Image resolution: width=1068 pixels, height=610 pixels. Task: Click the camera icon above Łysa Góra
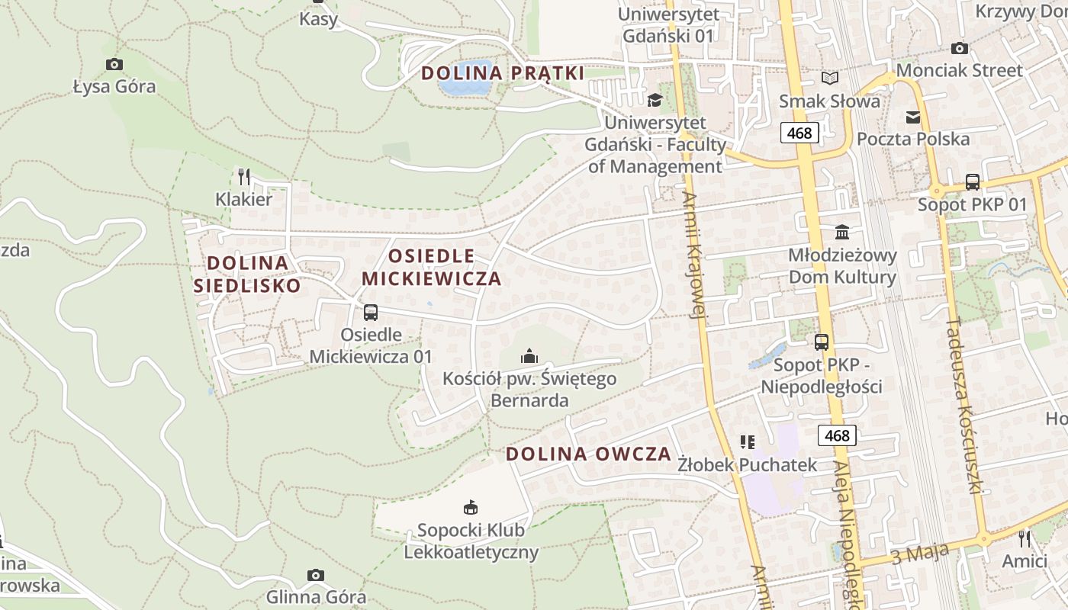click(114, 65)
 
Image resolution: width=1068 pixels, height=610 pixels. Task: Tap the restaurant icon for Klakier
click(244, 177)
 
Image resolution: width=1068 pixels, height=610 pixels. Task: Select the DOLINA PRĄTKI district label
click(503, 73)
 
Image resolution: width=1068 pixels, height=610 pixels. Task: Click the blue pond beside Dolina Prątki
click(465, 79)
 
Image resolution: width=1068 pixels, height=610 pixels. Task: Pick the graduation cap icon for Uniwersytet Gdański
click(655, 100)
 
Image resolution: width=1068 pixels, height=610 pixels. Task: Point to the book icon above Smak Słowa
click(829, 79)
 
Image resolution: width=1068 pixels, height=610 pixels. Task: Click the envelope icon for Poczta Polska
click(913, 117)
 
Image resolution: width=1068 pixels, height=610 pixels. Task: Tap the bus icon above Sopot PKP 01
click(972, 182)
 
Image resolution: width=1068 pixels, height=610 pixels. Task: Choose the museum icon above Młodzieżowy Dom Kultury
click(842, 232)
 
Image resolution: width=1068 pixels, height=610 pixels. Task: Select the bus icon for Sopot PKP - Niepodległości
click(822, 342)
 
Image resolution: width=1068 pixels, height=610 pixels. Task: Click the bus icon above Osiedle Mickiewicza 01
click(371, 312)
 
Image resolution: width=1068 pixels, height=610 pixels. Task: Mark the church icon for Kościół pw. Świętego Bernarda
click(529, 355)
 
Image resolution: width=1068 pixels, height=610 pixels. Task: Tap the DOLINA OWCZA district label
click(588, 454)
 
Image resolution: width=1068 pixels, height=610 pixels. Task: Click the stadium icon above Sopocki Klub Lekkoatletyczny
click(471, 507)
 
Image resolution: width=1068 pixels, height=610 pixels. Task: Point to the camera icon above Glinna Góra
click(316, 575)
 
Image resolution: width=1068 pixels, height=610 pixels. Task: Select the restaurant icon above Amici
click(1025, 538)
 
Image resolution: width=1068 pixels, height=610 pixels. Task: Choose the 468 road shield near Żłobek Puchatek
click(837, 435)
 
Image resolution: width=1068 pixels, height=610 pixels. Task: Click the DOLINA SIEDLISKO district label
click(248, 274)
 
